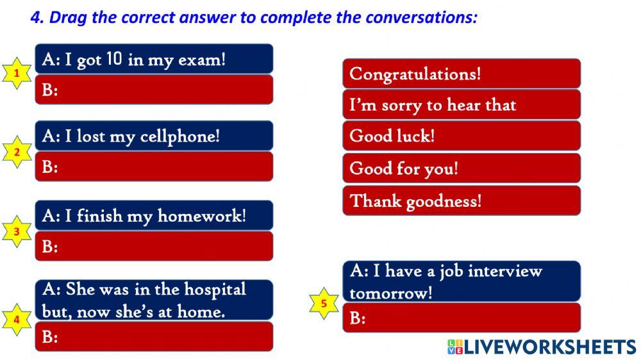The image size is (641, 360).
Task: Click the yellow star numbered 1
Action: coord(17,74)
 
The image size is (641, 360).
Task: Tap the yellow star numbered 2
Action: coord(17,152)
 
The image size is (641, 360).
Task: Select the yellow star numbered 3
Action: coord(17,232)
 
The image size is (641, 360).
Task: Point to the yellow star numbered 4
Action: coord(17,319)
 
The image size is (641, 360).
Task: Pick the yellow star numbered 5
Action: coord(324,303)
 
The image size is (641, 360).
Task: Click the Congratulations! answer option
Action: coord(462,74)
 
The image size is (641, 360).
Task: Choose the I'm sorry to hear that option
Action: coord(462,105)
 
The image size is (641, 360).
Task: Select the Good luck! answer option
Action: coord(462,136)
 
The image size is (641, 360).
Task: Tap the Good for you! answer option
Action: coord(462,168)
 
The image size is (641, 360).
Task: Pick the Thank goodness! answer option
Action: coord(462,200)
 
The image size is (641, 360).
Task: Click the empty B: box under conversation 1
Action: coord(154,90)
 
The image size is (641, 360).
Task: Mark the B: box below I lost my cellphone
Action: coord(154,167)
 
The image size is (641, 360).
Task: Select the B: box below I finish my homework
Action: coord(154,246)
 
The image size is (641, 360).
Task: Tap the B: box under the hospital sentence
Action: coord(154,336)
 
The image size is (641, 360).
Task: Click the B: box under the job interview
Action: coord(462,318)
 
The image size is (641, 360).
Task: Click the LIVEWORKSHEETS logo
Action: coord(542,347)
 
